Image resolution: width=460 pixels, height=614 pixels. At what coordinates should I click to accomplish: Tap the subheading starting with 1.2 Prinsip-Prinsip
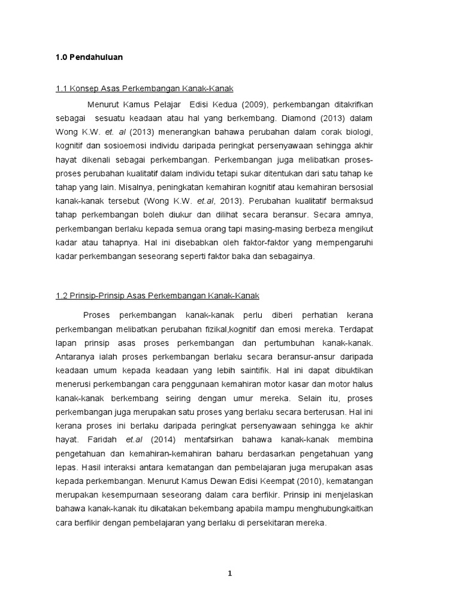[x=157, y=296]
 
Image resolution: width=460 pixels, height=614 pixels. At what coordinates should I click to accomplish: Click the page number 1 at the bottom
[x=229, y=573]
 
